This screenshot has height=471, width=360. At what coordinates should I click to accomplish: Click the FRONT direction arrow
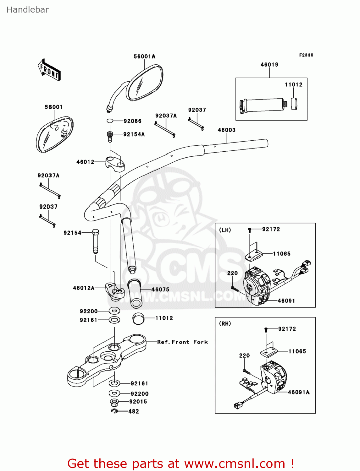(x=49, y=70)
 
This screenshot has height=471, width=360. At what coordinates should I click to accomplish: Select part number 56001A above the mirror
(x=144, y=57)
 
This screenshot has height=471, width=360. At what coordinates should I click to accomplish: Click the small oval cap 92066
(x=110, y=121)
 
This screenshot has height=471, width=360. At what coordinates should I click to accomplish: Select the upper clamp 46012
(x=115, y=163)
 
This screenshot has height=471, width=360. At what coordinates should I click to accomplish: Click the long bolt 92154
(x=96, y=241)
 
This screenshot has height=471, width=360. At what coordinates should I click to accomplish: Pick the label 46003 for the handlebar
(x=226, y=130)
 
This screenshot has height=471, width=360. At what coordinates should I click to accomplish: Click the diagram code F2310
(x=306, y=55)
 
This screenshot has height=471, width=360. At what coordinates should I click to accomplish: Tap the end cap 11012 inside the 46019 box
(x=294, y=104)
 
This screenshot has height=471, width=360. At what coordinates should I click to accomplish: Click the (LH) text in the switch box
(x=225, y=230)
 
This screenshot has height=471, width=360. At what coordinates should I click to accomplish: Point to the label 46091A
(x=299, y=392)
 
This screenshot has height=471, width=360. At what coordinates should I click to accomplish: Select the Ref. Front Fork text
(x=182, y=342)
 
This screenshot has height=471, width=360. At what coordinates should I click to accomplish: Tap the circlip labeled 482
(x=114, y=411)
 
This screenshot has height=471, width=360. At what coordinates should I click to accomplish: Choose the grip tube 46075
(x=135, y=293)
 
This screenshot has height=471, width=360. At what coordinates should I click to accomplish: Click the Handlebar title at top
(x=28, y=10)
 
